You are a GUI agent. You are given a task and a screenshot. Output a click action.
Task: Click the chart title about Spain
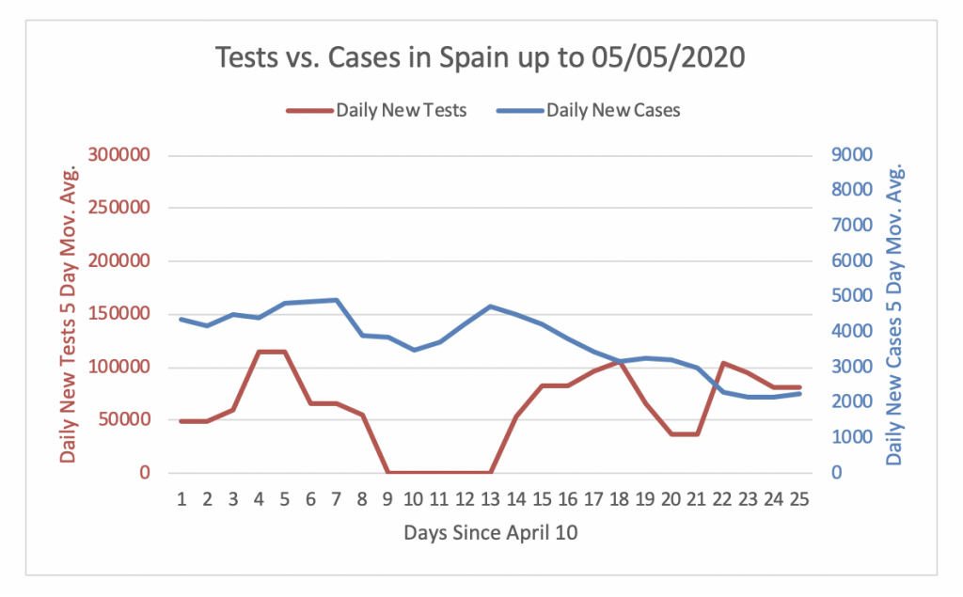pos(481,57)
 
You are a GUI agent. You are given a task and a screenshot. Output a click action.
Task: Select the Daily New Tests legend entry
pos(400,109)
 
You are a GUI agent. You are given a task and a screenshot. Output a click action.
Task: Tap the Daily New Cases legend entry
pos(613,109)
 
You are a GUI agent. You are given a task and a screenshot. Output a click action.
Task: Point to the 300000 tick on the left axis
pos(118,155)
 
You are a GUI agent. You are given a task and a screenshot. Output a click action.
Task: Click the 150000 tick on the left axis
pos(118,314)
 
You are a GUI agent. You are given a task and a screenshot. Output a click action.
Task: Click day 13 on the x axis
pos(490,497)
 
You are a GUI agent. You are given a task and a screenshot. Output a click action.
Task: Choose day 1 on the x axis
pos(181,497)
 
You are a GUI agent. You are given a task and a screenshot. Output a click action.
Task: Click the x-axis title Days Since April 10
pos(491,533)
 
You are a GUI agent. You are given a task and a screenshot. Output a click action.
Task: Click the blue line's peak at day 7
pos(336,300)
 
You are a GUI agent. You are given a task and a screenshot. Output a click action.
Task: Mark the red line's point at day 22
pos(722,363)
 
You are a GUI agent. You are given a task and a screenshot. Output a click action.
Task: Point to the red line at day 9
pos(387,472)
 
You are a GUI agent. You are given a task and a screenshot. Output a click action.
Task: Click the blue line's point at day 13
pos(490,306)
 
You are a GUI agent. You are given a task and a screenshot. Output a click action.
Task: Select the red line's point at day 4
pos(259,352)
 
